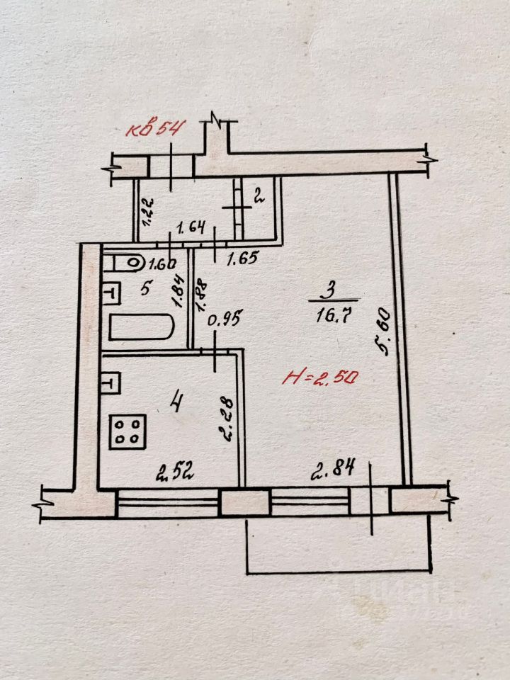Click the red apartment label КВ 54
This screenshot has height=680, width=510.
(155, 129)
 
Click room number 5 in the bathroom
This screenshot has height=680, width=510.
(145, 288)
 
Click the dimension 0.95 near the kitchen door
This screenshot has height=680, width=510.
(225, 318)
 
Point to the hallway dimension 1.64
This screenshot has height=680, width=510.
(190, 228)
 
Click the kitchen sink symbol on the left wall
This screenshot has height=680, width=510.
(111, 383)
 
